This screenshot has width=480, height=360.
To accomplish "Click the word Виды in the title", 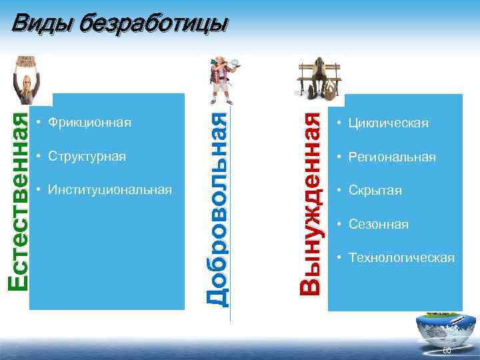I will click(x=42, y=23).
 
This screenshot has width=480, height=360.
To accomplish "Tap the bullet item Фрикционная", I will click(x=90, y=123).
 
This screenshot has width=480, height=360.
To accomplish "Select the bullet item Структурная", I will click(x=87, y=157).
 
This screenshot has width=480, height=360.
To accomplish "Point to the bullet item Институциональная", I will click(x=109, y=190).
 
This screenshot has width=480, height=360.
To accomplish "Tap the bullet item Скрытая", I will click(x=375, y=191).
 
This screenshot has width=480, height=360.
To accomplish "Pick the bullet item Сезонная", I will click(x=379, y=225).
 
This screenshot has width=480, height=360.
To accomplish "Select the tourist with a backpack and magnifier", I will click(x=222, y=79).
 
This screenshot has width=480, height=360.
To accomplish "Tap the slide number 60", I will click(x=447, y=351).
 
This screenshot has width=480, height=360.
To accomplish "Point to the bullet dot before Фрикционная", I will click(x=40, y=123).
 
